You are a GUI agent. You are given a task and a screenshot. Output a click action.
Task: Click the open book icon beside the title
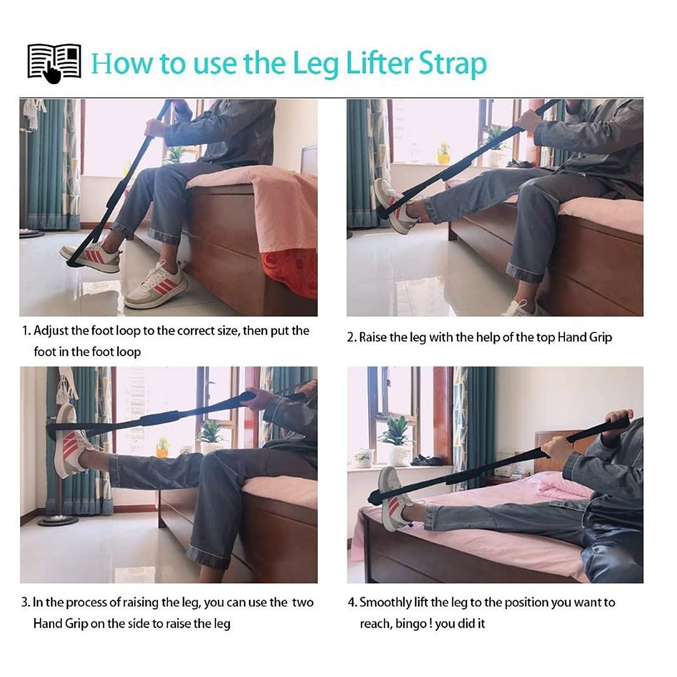(x=54, y=63)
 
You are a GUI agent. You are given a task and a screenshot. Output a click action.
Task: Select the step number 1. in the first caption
(x=26, y=330)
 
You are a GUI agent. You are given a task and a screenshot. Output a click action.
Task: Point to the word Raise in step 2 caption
(x=373, y=337)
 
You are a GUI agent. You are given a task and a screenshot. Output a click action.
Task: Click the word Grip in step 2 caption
(x=601, y=338)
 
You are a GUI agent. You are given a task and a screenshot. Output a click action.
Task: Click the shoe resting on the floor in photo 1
(x=156, y=283)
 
